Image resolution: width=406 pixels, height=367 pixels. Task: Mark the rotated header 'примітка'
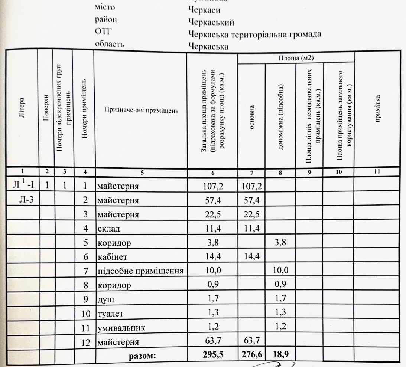(378, 110)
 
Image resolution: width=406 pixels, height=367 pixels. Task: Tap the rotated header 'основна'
(251, 110)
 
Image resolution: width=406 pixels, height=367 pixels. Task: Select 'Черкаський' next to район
(211, 21)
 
